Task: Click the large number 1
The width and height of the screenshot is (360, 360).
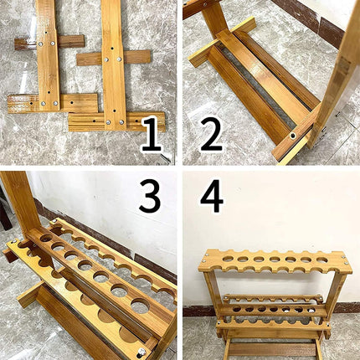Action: [151, 134]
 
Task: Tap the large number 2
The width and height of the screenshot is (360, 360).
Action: [212, 134]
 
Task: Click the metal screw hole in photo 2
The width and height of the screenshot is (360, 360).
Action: [293, 135]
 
